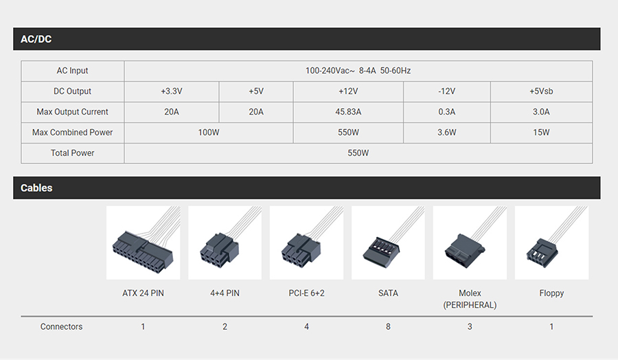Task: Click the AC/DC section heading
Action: point(36,39)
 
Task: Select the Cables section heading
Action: point(36,188)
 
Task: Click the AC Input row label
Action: point(73,71)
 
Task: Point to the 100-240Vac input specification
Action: point(358,71)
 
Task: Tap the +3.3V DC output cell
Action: point(172,91)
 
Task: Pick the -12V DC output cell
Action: point(446,91)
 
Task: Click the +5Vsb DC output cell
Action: point(541,91)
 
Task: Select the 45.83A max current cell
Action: point(348,111)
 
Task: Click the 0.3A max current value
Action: point(446,111)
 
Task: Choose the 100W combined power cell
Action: point(209,133)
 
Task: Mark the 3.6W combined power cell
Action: point(446,133)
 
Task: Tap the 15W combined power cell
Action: point(541,133)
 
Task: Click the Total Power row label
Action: point(73,153)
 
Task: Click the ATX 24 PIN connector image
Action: point(143,243)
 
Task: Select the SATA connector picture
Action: point(388,243)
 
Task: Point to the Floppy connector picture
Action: point(552,243)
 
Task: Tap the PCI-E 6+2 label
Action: point(306,293)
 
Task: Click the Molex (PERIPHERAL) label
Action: point(470,299)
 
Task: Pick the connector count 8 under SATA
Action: point(388,326)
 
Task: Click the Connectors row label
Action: point(62,326)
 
